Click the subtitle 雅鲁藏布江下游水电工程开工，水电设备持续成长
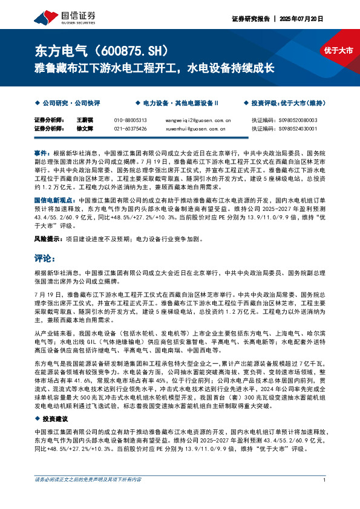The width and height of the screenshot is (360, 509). coord(154,67)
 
